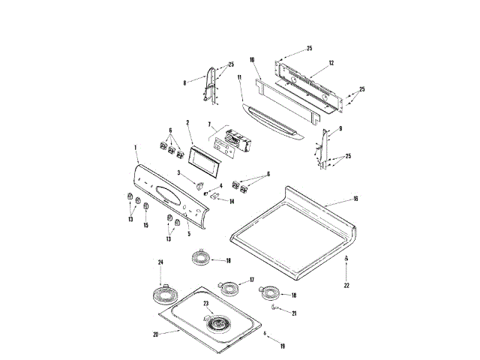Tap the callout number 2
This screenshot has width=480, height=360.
[188, 122]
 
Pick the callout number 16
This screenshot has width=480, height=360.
[355, 200]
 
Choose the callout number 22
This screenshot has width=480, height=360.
[346, 286]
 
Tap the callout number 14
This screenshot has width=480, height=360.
[232, 202]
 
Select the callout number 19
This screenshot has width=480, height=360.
[283, 346]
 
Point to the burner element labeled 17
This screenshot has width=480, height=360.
[226, 288]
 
